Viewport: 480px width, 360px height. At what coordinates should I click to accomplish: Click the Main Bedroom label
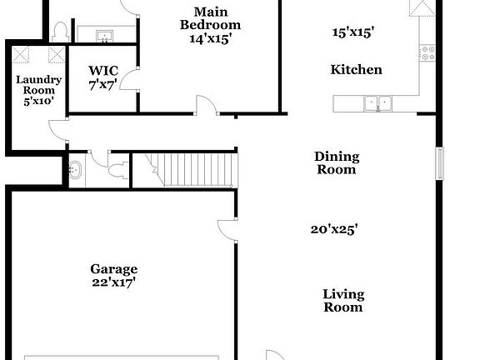coord(210,18)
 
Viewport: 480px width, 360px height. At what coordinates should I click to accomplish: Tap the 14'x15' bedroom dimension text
coord(210,38)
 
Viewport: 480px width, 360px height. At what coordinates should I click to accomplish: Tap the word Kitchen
coord(356,70)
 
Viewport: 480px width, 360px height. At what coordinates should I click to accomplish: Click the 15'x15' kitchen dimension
coord(353,33)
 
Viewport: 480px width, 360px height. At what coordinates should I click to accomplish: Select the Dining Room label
coord(336,162)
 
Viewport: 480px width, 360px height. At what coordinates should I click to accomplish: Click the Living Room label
coord(343,301)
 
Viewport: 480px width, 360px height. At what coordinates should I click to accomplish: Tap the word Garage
coord(114,269)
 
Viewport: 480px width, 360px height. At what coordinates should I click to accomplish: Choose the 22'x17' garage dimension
coord(114,282)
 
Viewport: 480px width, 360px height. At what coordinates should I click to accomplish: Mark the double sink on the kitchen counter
coord(377,104)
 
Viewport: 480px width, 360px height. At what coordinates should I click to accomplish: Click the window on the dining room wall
coord(440,163)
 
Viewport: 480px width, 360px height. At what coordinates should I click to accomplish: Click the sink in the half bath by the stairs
coord(75,169)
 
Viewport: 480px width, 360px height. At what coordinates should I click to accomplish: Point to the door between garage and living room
coord(227,230)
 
